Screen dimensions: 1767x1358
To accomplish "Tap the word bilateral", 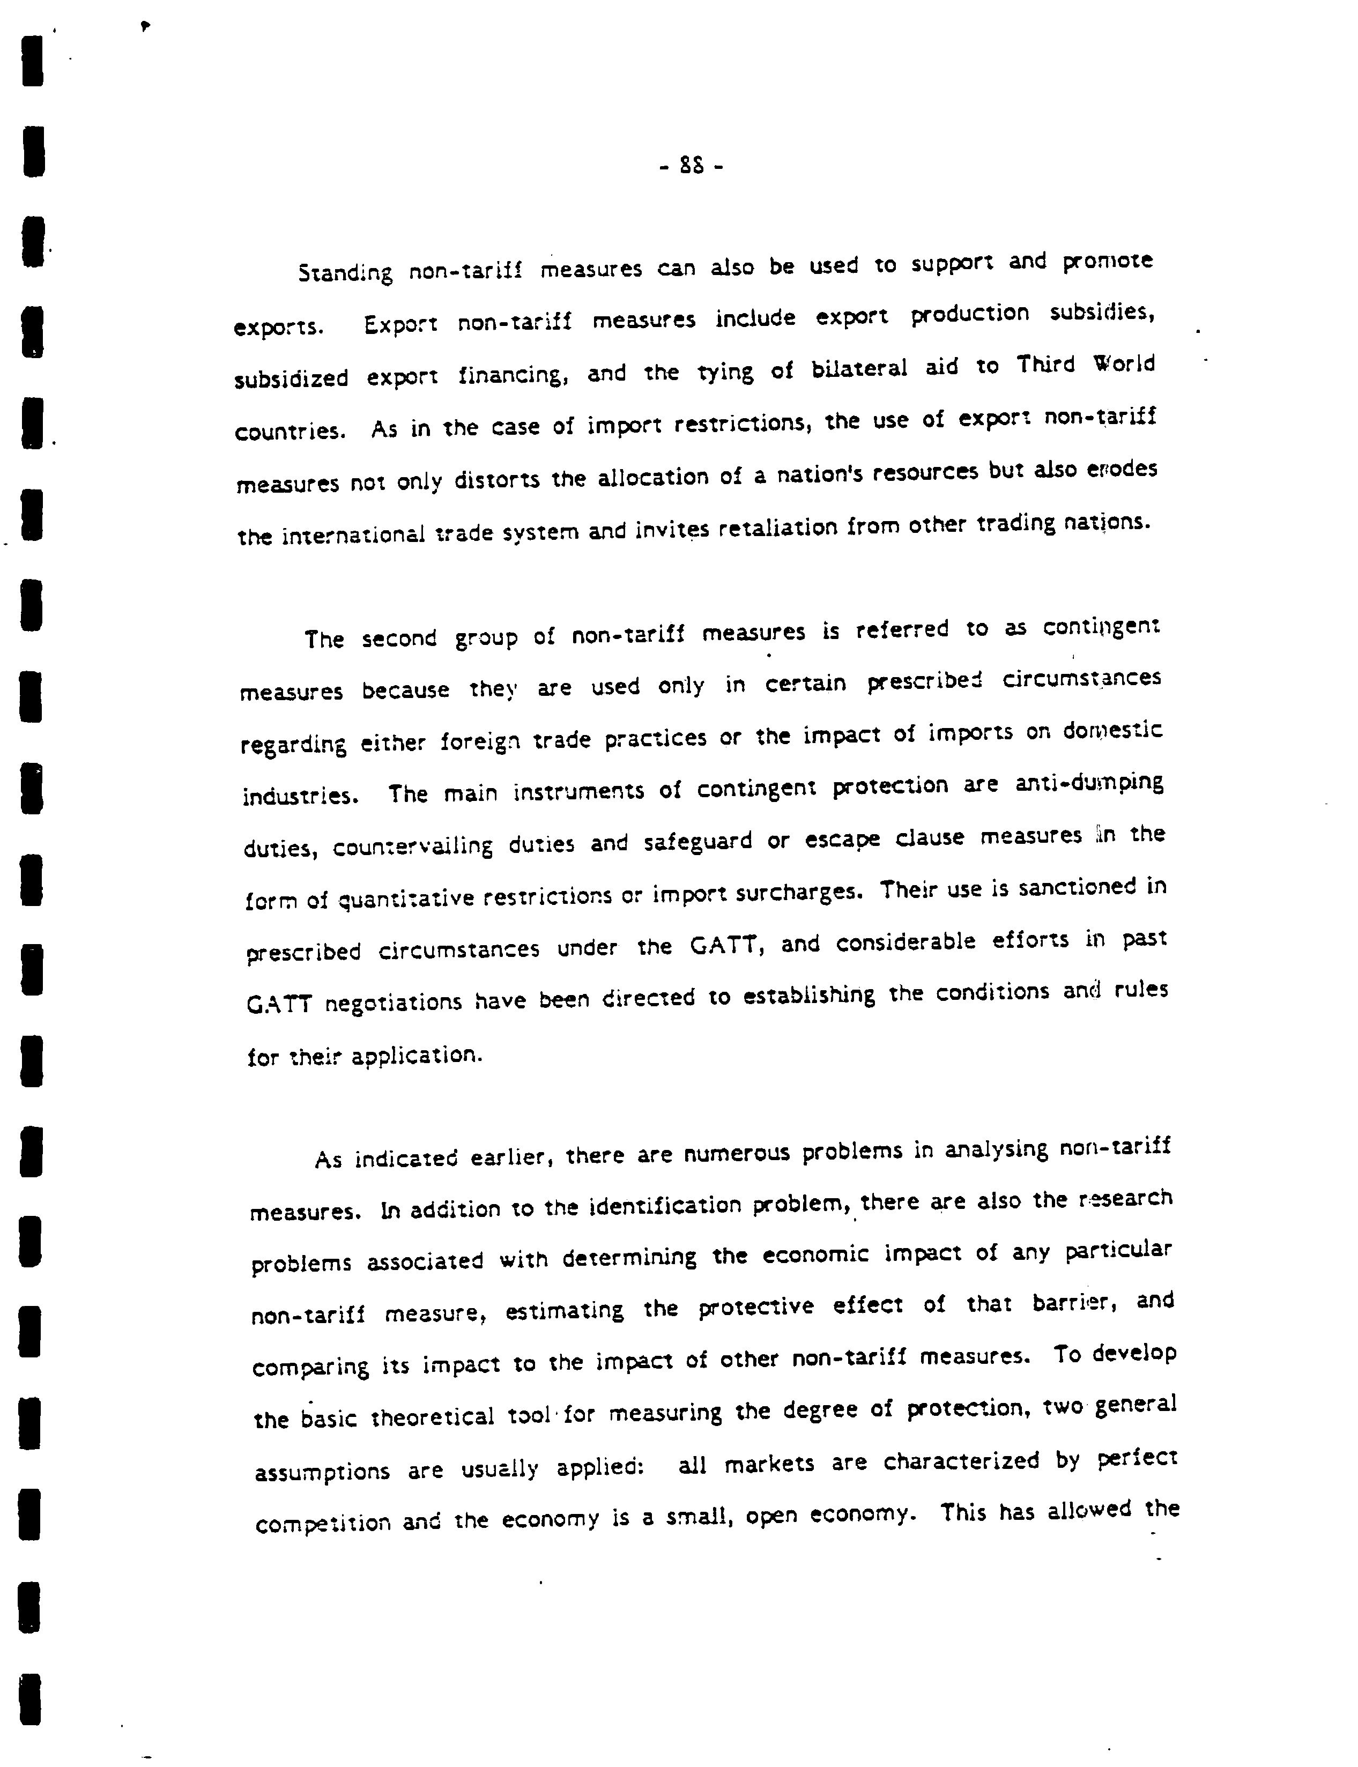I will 860,369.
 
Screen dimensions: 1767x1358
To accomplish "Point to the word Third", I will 1046,366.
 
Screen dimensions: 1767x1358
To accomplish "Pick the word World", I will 1124,363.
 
